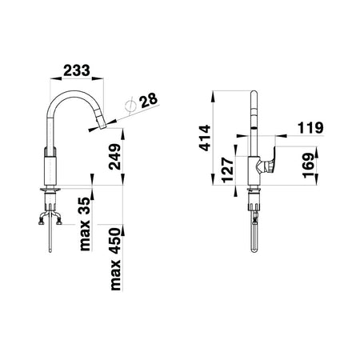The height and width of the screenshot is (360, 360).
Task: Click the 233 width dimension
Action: point(77,70)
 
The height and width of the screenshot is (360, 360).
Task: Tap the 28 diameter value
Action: point(149,100)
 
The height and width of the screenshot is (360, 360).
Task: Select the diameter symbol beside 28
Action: point(130,106)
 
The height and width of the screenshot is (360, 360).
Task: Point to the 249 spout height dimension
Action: point(115,157)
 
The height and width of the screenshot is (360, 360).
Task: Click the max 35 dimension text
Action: point(86,224)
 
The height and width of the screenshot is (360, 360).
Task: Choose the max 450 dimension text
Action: point(115,259)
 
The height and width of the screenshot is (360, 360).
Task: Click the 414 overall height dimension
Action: point(205,138)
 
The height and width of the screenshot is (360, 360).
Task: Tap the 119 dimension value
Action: point(310,128)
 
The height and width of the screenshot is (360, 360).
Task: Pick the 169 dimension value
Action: point(309,166)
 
